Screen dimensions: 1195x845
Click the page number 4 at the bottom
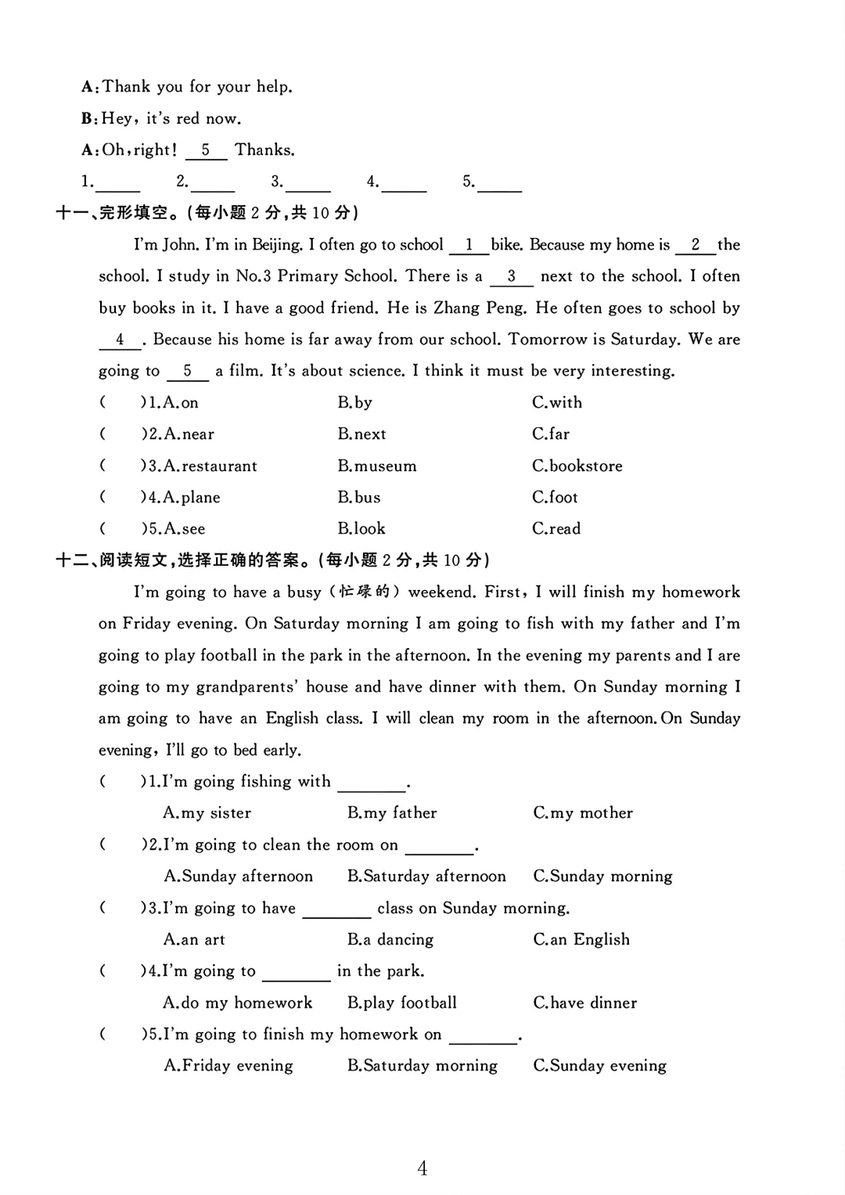tap(422, 1168)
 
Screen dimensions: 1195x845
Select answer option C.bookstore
tap(577, 466)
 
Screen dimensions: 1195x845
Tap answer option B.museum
tap(377, 466)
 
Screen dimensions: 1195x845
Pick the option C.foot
tap(555, 497)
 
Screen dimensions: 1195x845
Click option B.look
tap(361, 528)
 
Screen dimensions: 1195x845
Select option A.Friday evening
tap(228, 1065)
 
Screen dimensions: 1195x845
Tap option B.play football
tap(402, 1002)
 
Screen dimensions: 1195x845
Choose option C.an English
tap(581, 939)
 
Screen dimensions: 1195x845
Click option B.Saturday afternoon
tap(426, 876)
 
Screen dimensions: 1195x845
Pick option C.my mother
tap(583, 812)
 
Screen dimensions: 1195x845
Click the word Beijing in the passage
tap(277, 245)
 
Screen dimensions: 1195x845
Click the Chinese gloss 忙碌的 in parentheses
tap(364, 592)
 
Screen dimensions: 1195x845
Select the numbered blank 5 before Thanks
tap(206, 150)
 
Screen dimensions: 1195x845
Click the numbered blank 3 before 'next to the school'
tap(511, 276)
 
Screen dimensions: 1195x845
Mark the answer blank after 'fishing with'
tap(372, 783)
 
